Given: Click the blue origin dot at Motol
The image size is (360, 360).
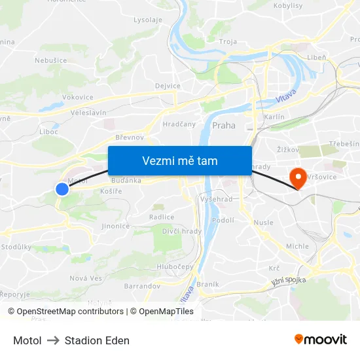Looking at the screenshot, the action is [x=62, y=189].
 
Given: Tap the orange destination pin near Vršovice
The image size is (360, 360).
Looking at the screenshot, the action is [x=298, y=177].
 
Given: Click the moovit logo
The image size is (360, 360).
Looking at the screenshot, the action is [x=321, y=340].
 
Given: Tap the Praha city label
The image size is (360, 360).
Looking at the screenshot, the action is [x=224, y=125].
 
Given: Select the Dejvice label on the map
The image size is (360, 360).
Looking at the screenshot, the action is [x=168, y=86].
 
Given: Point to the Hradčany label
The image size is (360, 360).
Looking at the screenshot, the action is [x=179, y=123].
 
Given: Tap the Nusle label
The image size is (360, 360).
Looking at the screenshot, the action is [x=263, y=223].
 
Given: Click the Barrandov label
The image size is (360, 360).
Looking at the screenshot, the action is [x=142, y=286].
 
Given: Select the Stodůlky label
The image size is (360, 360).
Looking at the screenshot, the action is [x=16, y=247].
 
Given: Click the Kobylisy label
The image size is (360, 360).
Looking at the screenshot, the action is [x=287, y=5].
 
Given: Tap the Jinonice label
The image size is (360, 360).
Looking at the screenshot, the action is [x=115, y=226].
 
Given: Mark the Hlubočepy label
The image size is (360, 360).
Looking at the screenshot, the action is [x=177, y=266].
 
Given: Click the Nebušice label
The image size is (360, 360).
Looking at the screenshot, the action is [x=50, y=60].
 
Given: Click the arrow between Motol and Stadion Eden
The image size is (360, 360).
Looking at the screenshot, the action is [x=53, y=340].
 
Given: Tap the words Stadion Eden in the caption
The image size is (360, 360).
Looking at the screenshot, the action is [x=97, y=340].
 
